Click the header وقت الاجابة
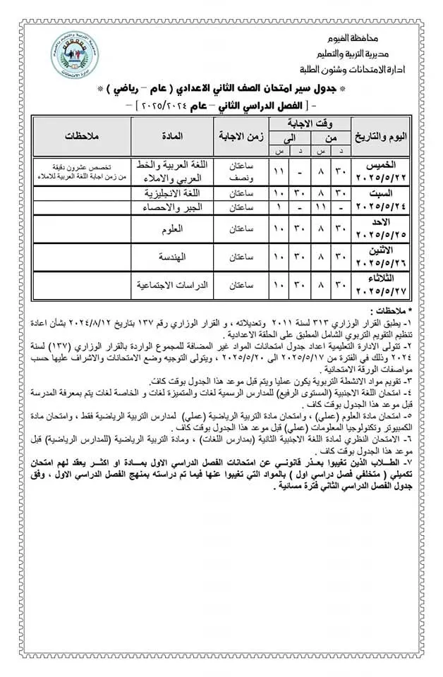pos(312,123)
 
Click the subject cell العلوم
pos(172,228)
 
